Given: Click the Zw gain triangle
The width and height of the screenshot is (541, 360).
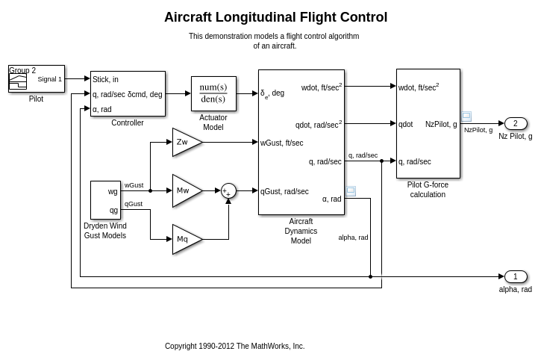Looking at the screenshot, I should tap(185, 142).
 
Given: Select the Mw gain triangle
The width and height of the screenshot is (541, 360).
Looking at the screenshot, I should tap(185, 190).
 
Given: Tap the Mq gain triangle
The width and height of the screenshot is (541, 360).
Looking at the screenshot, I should tap(185, 239).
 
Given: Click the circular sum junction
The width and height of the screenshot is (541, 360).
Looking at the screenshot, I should tap(228, 190).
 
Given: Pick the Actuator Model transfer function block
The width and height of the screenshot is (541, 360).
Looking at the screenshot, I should tap(213, 93).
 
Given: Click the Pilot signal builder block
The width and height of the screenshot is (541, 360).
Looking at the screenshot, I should tap(37, 78).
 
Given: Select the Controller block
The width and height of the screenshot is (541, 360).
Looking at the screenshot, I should tap(128, 93).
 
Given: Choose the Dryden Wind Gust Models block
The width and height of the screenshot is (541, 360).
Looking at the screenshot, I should tap(105, 199).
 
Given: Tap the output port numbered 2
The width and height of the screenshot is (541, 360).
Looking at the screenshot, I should tap(516, 123).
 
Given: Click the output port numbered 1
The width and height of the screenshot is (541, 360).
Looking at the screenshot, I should tap(516, 276).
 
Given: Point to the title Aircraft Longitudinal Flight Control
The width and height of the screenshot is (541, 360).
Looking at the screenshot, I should tap(275, 17).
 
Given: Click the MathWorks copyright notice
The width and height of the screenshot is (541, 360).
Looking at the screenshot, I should tap(234, 346).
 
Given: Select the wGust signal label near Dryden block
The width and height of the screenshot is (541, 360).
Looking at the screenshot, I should tap(134, 185).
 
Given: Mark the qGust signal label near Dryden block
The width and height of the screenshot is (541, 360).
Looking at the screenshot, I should tap(133, 203).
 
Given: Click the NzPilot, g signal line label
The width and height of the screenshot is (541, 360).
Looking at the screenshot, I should tap(478, 130).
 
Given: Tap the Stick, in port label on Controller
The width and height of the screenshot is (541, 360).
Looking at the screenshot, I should tap(105, 79).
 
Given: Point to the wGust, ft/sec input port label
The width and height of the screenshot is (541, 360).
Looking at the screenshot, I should tap(282, 143).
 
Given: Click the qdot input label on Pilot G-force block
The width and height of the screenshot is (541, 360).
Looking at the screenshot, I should tap(406, 124).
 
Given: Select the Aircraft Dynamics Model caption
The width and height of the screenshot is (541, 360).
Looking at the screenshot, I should tap(301, 231).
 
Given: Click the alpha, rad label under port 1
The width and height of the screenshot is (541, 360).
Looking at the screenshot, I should tap(516, 289).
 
